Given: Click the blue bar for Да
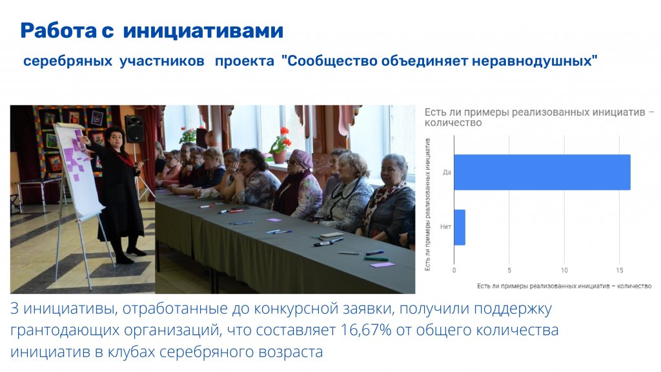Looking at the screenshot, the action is coord(542,172).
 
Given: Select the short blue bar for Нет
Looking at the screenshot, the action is coord(460,227).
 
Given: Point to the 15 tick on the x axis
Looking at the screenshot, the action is coord(619,271).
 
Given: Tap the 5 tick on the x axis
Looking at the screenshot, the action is coord(509,271).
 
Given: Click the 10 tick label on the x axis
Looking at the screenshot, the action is coord(564,271).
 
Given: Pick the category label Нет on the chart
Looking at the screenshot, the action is coord(445,227).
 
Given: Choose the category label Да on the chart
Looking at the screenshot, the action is coord(447,172).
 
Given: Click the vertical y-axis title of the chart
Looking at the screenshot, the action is coord(427,205).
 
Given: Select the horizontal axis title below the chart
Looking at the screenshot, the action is coord(564,286).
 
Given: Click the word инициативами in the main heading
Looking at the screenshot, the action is coord(203,31).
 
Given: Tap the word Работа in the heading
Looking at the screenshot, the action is coord(59,31).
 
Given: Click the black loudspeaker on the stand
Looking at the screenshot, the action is coord(134,129).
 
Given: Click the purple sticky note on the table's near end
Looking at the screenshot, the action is coord(382,265).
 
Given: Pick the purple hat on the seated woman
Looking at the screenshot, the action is coord(302,158).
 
